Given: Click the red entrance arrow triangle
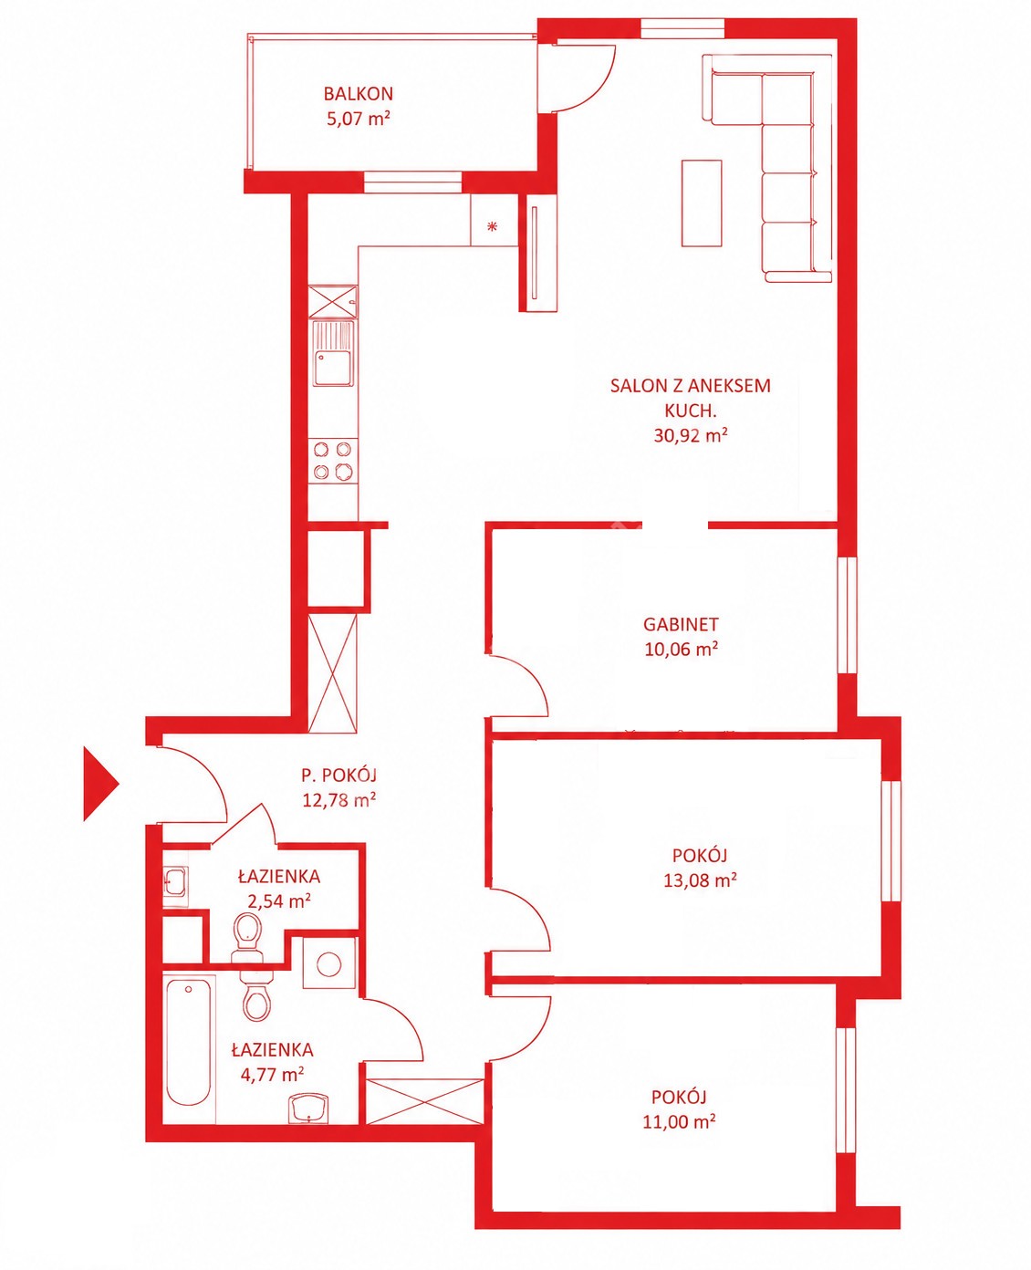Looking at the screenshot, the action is tap(100, 784).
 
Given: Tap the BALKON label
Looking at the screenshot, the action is tap(359, 94).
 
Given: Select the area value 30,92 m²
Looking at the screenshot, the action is tap(691, 435).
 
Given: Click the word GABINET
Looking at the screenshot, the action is tap(681, 624).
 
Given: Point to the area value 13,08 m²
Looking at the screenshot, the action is tap(700, 880).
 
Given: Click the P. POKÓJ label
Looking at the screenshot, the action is tap(338, 776).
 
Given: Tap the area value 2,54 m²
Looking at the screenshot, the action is tap(279, 900).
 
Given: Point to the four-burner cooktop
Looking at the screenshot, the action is tap(333, 461).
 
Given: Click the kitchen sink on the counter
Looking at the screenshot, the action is tap(334, 353).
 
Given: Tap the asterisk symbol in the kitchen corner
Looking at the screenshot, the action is tap(493, 226).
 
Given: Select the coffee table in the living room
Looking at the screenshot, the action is tap(702, 203).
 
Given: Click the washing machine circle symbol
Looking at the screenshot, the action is tap(329, 963).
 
